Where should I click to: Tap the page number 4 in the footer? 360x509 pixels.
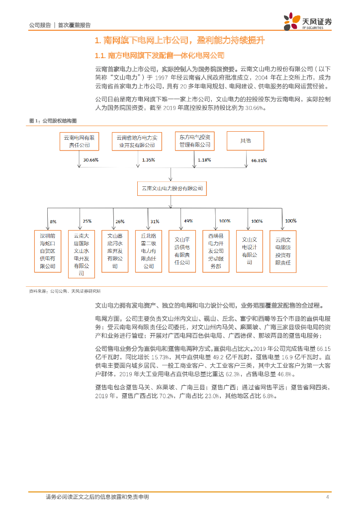click(x=327, y=497)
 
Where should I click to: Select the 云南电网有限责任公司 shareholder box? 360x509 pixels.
click(x=79, y=141)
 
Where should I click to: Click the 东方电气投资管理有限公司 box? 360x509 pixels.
click(x=194, y=141)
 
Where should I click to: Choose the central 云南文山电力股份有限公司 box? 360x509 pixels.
click(x=172, y=188)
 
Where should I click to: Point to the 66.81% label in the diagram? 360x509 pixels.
click(x=259, y=161)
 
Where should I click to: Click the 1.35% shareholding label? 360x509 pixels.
click(x=149, y=160)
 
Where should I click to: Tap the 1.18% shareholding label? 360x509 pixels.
click(x=205, y=160)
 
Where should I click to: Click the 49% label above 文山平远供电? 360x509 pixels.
click(x=188, y=221)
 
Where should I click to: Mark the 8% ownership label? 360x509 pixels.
click(x=53, y=221)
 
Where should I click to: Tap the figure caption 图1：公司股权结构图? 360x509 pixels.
click(x=53, y=120)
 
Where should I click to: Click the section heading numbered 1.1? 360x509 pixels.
click(x=160, y=55)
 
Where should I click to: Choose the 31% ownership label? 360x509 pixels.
click(x=154, y=221)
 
